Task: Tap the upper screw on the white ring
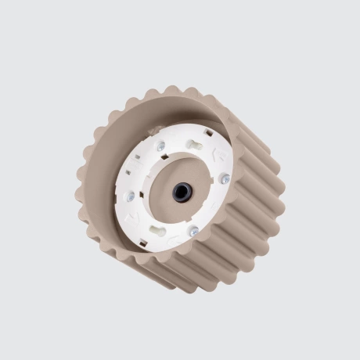pyautogui.click(x=161, y=146)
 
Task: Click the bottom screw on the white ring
pyautogui.click(x=193, y=231)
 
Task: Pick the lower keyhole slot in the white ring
pyautogui.click(x=158, y=231)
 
